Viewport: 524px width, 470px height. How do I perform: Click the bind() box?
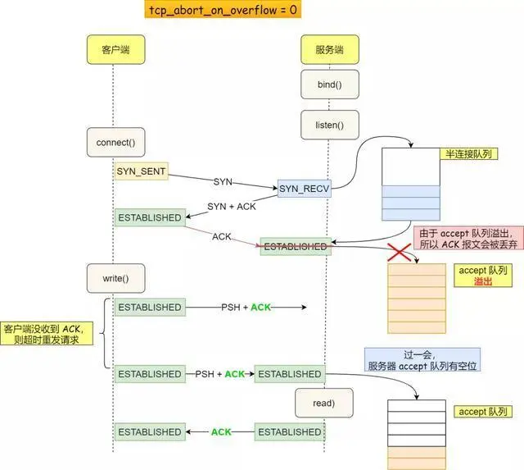click(327, 84)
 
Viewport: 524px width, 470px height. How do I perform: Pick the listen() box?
click(327, 125)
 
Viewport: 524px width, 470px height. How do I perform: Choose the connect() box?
click(114, 142)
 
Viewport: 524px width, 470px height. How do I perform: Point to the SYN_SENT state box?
click(141, 171)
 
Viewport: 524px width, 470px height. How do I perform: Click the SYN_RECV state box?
click(304, 189)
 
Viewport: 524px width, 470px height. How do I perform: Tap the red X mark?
click(399, 251)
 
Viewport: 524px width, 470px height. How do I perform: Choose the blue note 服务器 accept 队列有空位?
click(422, 359)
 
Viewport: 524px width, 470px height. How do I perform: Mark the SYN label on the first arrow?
click(224, 180)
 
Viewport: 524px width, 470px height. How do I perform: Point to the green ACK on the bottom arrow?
click(221, 432)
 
